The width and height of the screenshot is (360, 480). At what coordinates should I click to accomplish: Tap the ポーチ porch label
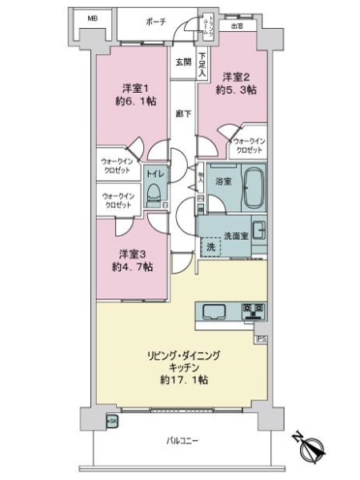point(158,22)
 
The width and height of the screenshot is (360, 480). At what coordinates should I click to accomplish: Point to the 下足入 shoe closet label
point(202,65)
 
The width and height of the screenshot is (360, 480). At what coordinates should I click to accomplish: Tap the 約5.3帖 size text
point(236,90)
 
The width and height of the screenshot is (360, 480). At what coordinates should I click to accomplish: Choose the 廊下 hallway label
point(184,114)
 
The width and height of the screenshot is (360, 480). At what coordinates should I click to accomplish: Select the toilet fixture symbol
point(155,193)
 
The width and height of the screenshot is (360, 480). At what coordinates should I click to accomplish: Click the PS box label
point(261,338)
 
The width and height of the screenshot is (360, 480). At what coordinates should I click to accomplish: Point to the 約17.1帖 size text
point(182,380)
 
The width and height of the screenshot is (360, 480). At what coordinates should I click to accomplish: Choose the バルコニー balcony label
point(183,440)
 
